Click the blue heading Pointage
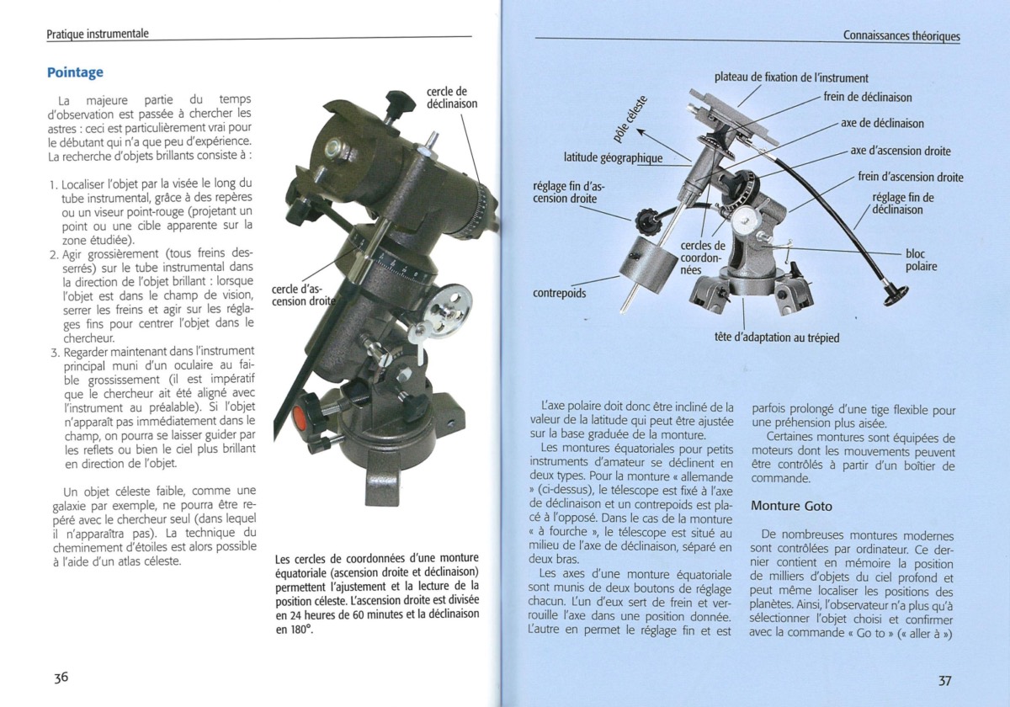coord(75,73)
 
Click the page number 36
coord(61,678)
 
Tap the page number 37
coord(944,680)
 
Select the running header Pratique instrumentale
coord(98,34)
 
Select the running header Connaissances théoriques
coord(901,35)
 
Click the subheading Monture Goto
coord(791,506)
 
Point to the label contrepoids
coord(561,294)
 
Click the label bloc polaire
coord(921,260)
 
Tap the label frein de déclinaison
coord(867,97)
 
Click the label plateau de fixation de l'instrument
coord(791,77)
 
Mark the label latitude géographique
coord(613,157)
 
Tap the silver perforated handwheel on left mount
coord(447,305)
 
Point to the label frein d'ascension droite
coord(910,177)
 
